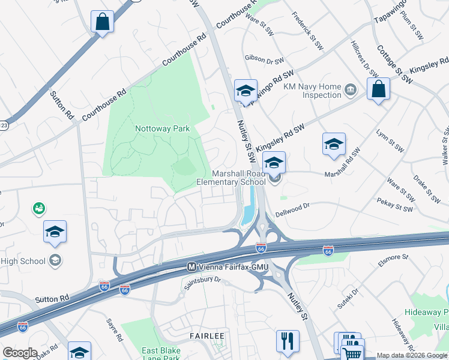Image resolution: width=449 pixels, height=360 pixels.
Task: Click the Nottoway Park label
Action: (162, 128)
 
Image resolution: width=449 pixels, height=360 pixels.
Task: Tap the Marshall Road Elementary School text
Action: (231, 178)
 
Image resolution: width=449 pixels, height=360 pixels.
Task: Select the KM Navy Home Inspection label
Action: (312, 91)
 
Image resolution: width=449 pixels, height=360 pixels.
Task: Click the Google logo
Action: (20, 353)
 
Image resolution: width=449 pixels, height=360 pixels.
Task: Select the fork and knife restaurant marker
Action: (288, 341)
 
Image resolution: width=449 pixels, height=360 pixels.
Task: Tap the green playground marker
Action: (40, 208)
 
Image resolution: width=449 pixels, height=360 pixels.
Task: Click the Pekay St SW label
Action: (395, 206)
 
